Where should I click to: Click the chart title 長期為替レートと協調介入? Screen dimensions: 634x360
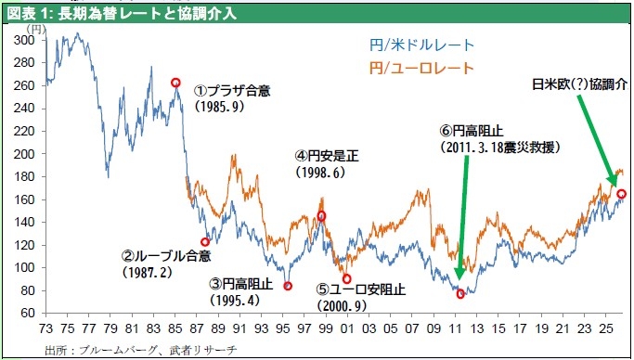(x=148, y=14)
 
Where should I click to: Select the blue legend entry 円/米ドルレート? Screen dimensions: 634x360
(x=421, y=45)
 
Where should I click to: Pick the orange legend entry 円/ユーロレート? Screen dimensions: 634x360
(x=421, y=68)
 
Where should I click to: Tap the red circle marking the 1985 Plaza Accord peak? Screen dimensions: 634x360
(x=175, y=83)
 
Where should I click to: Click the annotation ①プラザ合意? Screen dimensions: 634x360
(x=232, y=91)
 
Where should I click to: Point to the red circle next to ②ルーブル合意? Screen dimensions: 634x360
(x=205, y=242)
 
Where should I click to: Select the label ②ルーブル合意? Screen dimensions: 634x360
(x=166, y=255)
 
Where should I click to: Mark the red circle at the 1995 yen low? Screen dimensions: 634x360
(x=288, y=286)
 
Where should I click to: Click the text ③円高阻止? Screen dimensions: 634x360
(x=241, y=284)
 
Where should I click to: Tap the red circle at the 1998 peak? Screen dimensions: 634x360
(x=321, y=216)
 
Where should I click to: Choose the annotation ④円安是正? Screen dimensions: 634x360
(x=327, y=156)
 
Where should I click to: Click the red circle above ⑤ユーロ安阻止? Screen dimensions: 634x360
(x=346, y=278)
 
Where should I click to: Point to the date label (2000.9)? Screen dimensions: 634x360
(x=343, y=305)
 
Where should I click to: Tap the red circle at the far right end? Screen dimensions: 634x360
(x=621, y=194)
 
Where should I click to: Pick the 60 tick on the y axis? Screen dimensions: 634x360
(x=28, y=313)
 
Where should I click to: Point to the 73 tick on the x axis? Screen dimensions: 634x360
(x=45, y=328)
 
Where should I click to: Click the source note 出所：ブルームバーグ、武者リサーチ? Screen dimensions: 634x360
(x=140, y=350)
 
